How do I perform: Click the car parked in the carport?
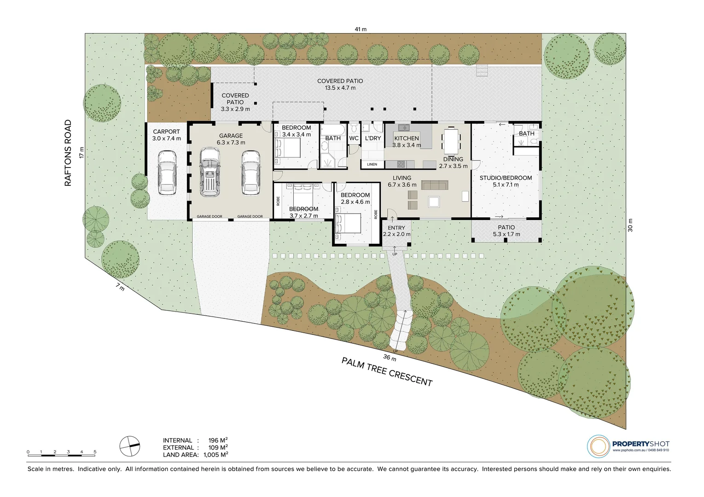pos(167,173)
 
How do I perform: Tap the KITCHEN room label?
pos(407,138)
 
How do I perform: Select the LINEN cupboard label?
pos(372,164)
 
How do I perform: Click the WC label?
pos(354,138)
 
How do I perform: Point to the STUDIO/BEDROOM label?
pos(506,178)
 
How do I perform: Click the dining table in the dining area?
pos(451,142)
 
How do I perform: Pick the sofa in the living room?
pos(435,185)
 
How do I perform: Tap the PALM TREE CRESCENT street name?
pos(387,372)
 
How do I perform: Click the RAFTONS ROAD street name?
pos(68,153)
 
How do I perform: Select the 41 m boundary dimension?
pos(361,29)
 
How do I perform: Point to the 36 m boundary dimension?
pos(390,357)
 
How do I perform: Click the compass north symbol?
pos(129,444)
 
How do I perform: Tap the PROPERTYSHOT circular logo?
pos(598,446)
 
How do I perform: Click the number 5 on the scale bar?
pos(95,452)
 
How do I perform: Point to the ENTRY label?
pos(396,228)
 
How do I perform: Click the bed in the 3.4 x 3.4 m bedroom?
pos(288,149)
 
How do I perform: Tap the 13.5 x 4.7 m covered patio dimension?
pos(340,88)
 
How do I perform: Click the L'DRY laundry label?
pos(372,138)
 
